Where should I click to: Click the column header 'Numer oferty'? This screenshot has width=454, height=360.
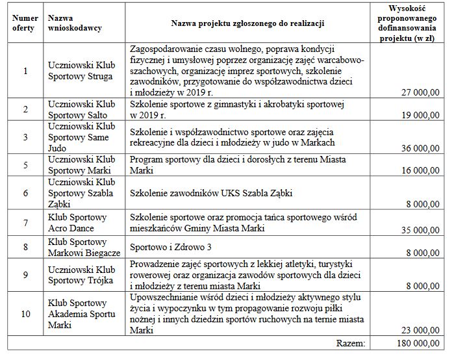[24, 23]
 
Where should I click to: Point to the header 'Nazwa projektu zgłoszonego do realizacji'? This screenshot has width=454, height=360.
[247, 24]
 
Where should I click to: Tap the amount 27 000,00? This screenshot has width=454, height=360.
[420, 93]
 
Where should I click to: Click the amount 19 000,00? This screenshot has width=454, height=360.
[420, 114]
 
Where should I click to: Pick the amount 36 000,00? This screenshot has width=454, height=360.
[420, 148]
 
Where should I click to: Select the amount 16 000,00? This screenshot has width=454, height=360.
[420, 170]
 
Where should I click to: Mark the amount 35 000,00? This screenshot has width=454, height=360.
[420, 229]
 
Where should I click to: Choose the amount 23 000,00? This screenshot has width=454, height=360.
[420, 329]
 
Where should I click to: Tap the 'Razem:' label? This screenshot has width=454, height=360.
[351, 342]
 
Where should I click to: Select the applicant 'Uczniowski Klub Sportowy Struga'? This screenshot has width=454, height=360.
[81, 71]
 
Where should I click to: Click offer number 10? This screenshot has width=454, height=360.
[25, 314]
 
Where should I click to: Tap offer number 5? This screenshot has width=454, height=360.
[25, 165]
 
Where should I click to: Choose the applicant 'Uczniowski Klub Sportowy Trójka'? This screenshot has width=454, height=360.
[81, 275]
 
